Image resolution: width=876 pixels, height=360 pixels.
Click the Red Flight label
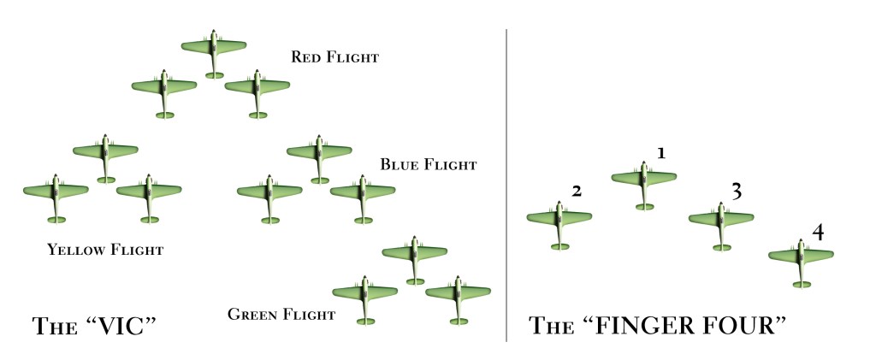click(x=334, y=58)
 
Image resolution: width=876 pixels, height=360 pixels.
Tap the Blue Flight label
click(x=428, y=164)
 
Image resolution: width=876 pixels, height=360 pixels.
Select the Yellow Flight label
click(x=105, y=251)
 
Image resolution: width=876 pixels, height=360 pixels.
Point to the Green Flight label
click(x=281, y=315)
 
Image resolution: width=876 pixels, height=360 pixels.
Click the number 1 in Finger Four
click(x=660, y=153)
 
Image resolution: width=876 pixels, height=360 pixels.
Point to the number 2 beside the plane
click(x=577, y=192)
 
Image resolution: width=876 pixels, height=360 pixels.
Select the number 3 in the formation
click(x=736, y=192)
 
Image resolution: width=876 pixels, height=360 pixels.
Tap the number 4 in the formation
click(x=818, y=232)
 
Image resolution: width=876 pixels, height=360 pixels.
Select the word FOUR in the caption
click(x=742, y=326)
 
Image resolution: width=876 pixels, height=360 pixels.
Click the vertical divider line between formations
click(x=506, y=184)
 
